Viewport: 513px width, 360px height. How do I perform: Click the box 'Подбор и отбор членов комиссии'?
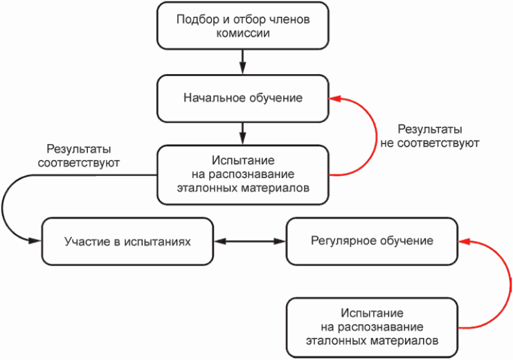(x=242, y=26)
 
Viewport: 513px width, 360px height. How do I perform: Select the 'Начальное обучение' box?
(x=242, y=98)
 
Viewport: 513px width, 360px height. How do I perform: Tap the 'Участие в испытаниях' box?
(x=127, y=242)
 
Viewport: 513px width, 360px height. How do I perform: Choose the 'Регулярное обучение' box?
(x=372, y=241)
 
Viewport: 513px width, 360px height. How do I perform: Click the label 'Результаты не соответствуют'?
(x=430, y=136)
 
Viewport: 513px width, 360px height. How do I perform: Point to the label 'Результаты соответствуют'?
(x=80, y=156)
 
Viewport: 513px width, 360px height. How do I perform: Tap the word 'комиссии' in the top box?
(x=242, y=33)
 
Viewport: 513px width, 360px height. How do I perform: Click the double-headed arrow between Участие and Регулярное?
(x=250, y=242)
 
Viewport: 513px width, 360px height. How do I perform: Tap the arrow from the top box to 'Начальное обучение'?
(x=242, y=63)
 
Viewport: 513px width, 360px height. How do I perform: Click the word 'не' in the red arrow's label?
(x=388, y=143)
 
